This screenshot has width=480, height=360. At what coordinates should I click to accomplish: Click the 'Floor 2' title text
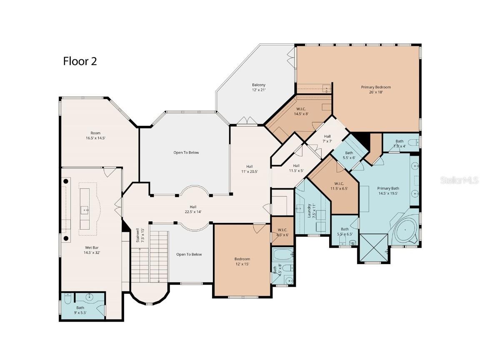(80, 61)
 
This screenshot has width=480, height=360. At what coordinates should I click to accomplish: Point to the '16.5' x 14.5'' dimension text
(95, 138)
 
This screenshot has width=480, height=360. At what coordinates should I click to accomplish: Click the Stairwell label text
(138, 235)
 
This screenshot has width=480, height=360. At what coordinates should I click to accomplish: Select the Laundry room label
(309, 210)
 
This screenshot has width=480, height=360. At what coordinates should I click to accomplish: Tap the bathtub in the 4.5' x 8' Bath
(282, 254)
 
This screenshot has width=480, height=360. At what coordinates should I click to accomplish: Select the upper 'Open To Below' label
(186, 152)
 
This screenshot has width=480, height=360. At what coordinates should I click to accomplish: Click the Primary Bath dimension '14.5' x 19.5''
(388, 193)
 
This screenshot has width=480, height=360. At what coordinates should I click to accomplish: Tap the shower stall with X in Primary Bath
(374, 248)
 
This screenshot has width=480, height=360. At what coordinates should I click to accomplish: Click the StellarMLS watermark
(459, 180)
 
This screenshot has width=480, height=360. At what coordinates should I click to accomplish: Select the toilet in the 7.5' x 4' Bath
(415, 142)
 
